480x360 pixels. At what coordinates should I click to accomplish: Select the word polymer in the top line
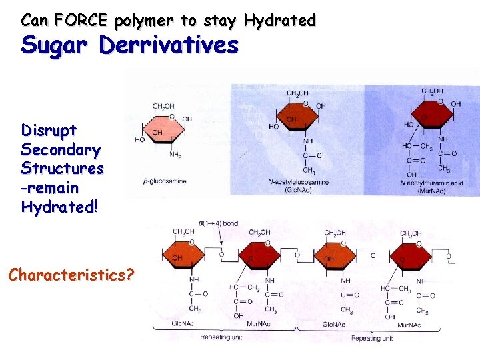click(x=145, y=21)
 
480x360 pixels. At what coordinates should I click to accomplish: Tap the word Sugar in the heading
click(x=55, y=46)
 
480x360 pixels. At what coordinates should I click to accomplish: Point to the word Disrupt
click(x=49, y=129)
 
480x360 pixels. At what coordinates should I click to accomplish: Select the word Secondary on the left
click(x=61, y=149)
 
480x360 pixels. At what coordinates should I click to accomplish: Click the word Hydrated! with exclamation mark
click(x=59, y=207)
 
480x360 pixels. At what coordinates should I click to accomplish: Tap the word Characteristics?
click(x=71, y=274)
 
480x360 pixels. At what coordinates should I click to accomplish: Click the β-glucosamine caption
click(x=165, y=181)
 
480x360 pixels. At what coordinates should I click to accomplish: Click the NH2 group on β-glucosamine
click(x=175, y=155)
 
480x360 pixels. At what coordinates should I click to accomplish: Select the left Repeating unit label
click(x=220, y=338)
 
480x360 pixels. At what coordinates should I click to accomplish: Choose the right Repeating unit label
click(x=371, y=338)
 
